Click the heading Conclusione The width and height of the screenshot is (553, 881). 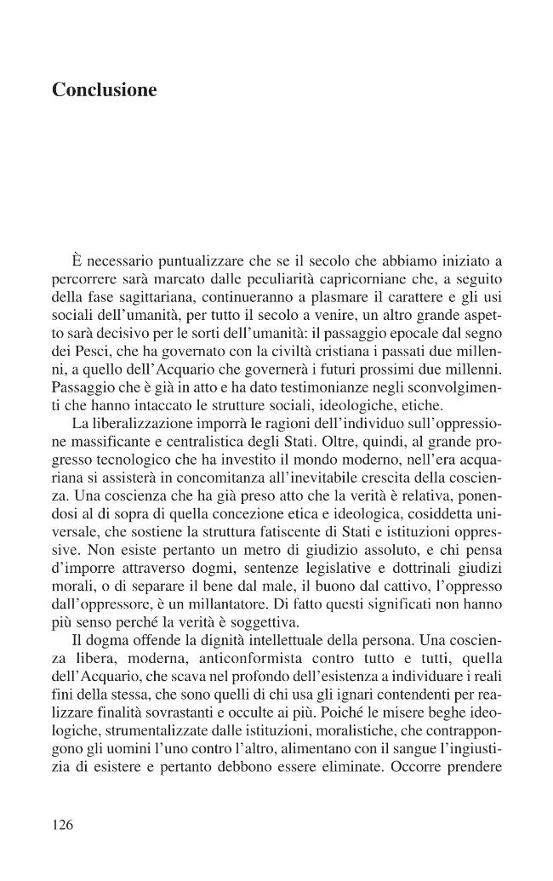pos(105,89)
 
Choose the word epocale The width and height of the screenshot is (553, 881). pos(401,335)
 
